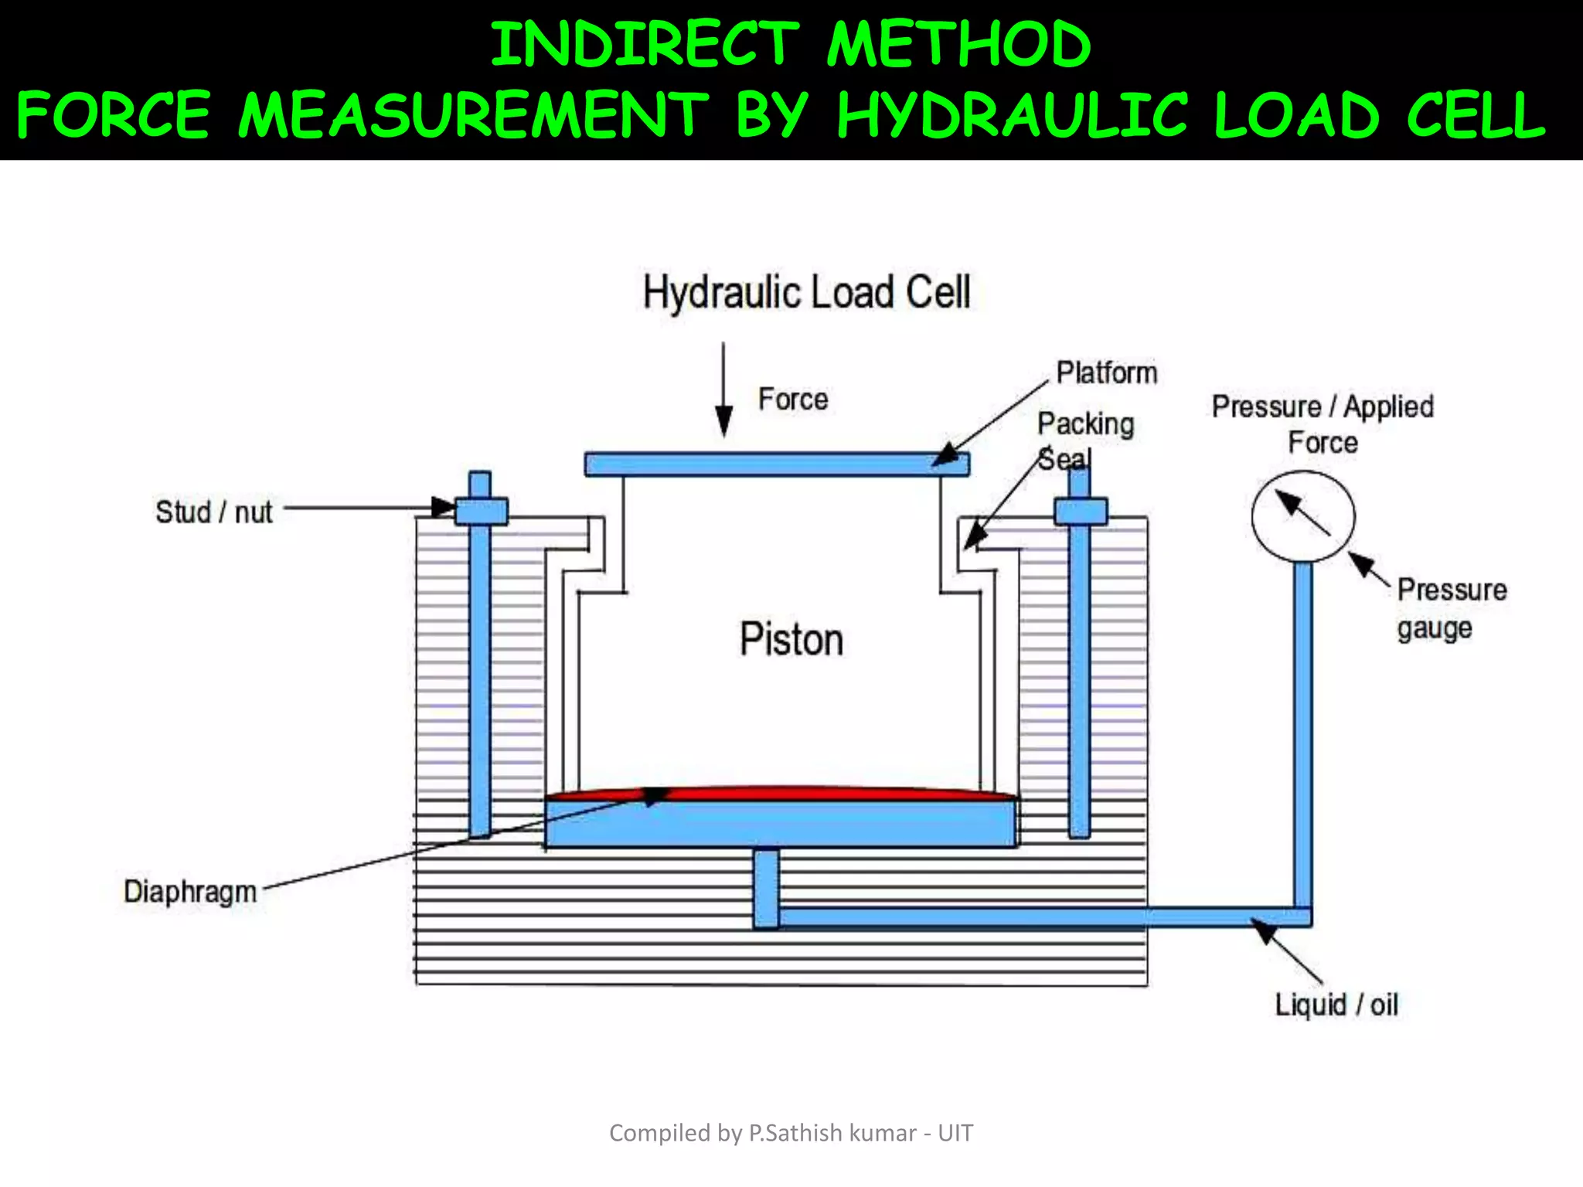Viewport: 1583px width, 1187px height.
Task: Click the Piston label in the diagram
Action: point(791,640)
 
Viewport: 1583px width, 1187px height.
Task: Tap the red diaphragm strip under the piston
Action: point(781,793)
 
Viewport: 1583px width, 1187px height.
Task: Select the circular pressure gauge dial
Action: point(1303,516)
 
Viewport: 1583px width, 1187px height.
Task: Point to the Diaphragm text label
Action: point(190,891)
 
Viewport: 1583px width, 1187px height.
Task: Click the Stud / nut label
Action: point(214,512)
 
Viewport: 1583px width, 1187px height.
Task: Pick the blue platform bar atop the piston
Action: point(776,464)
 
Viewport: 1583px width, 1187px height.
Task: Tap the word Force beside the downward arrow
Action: point(793,400)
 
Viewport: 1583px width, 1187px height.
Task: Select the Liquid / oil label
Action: point(1336,1005)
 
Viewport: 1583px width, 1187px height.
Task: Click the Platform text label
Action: point(1107,372)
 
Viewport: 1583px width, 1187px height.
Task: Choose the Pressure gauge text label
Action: point(1452,609)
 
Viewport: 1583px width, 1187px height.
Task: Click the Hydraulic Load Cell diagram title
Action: point(806,292)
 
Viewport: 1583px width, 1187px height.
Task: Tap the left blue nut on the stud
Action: point(481,511)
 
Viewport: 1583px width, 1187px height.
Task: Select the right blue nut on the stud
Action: point(1081,511)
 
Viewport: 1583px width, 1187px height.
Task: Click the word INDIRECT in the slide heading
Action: point(645,44)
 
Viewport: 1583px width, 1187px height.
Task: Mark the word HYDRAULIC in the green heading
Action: point(1012,115)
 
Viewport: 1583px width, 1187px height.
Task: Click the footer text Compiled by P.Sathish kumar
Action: point(791,1133)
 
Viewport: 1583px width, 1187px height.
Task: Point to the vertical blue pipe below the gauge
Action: point(1303,734)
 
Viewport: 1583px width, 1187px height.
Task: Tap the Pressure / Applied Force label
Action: point(1323,424)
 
